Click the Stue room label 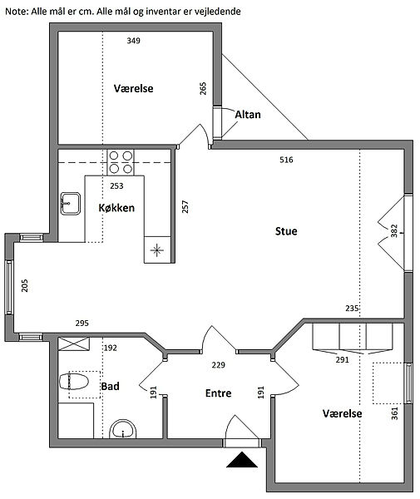pyautogui.click(x=286, y=231)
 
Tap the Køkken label pyautogui.click(x=116, y=208)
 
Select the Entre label pyautogui.click(x=218, y=393)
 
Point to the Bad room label pyautogui.click(x=110, y=387)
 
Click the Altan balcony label pyautogui.click(x=248, y=115)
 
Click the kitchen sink pyautogui.click(x=71, y=204)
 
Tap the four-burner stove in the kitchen pyautogui.click(x=121, y=162)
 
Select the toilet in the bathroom pyautogui.click(x=74, y=381)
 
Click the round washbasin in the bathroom pyautogui.click(x=123, y=429)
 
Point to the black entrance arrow pyautogui.click(x=242, y=460)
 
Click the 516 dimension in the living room pyautogui.click(x=286, y=160)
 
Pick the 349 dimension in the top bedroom pyautogui.click(x=133, y=41)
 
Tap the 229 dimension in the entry pyautogui.click(x=218, y=365)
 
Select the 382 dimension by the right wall pyautogui.click(x=394, y=230)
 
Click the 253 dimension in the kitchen pyautogui.click(x=116, y=185)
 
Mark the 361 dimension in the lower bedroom pyautogui.click(x=394, y=413)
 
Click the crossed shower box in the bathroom pyautogui.click(x=74, y=344)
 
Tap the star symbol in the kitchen pyautogui.click(x=156, y=250)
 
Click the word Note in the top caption pyautogui.click(x=16, y=12)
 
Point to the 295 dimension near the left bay pyautogui.click(x=82, y=324)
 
